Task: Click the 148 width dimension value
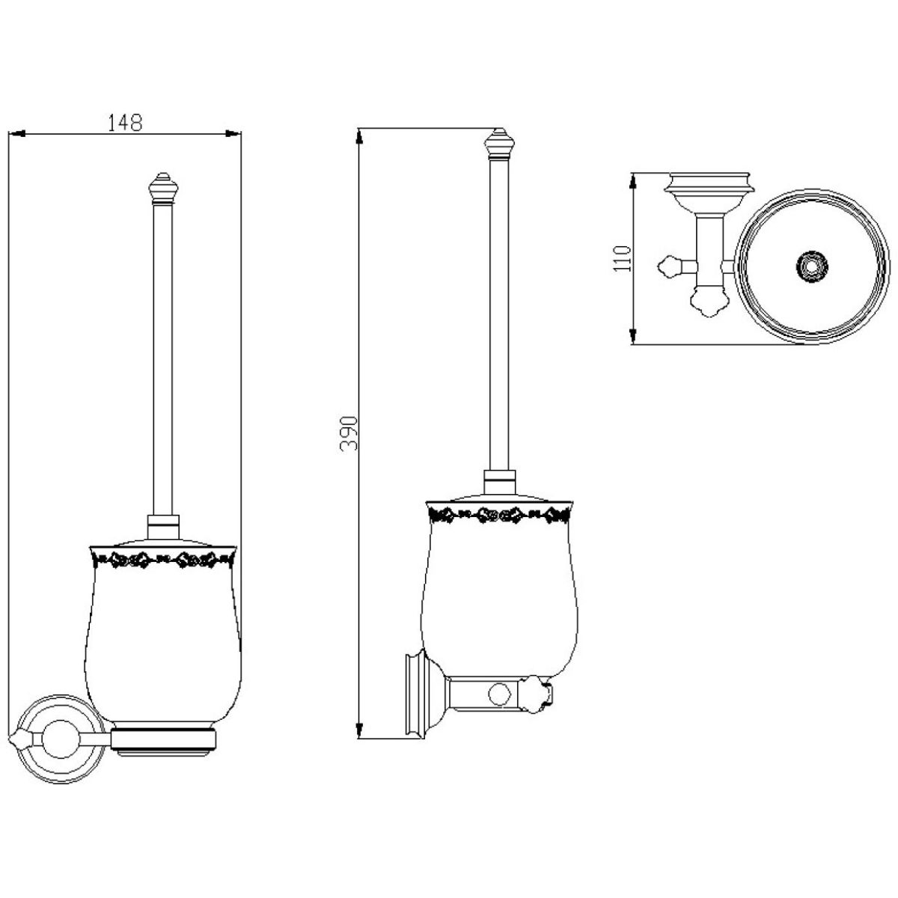point(124,122)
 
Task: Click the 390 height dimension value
point(349,433)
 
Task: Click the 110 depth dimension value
point(622,259)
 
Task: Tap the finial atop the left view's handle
point(163,187)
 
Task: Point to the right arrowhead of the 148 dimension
point(233,134)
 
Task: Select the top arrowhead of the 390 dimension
point(359,137)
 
